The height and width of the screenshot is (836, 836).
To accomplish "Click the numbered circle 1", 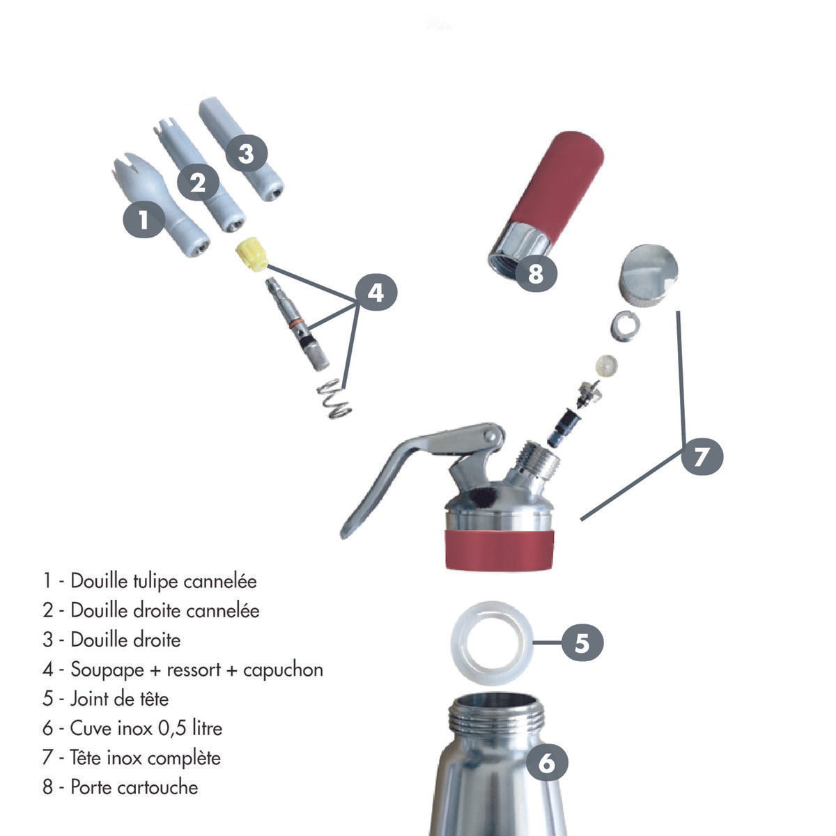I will click(143, 220).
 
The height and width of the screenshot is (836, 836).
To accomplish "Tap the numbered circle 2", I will click(198, 183).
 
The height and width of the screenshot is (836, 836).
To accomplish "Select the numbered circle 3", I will click(246, 153).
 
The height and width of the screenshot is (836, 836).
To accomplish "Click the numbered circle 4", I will click(376, 293).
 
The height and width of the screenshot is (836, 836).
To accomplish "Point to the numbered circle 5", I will click(582, 642).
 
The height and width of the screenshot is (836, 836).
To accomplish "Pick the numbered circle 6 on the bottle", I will click(547, 762).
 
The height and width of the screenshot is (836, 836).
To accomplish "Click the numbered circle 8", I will click(535, 273).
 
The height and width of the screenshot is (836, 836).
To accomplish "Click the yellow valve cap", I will click(252, 254).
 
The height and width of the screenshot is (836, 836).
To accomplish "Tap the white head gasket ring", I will click(492, 641).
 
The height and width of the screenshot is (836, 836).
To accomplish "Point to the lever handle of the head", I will click(390, 474).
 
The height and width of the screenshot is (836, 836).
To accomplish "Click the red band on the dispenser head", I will click(499, 548).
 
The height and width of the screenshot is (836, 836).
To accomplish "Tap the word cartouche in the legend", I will click(157, 787).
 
